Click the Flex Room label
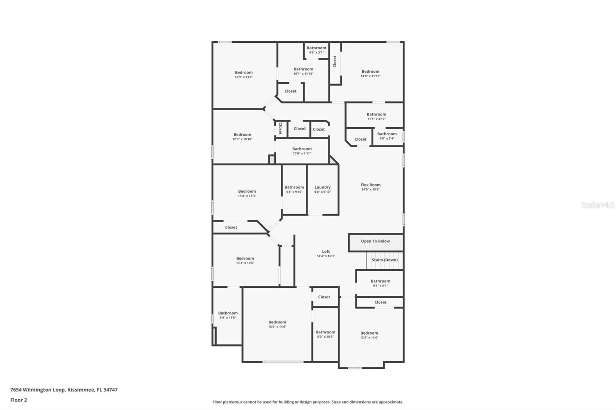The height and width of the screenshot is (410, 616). [370, 185]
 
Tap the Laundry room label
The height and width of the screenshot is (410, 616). [322, 188]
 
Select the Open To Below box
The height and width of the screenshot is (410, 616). [375, 242]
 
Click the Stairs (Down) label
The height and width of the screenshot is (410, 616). [385, 260]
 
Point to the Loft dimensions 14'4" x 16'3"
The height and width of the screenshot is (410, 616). [326, 256]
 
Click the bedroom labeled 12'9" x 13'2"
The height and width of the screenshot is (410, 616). [244, 75]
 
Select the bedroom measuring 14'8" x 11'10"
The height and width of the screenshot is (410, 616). [370, 73]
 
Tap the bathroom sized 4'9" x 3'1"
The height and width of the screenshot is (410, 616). [316, 50]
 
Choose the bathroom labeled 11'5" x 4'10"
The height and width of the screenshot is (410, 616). [376, 116]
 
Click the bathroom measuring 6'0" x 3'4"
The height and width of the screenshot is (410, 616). [387, 136]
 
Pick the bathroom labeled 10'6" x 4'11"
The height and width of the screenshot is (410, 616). [302, 151]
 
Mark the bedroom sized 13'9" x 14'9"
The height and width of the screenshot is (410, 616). [277, 324]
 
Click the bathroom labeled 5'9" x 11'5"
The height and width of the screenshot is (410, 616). [228, 315]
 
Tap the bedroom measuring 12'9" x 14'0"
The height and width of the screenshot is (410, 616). [369, 335]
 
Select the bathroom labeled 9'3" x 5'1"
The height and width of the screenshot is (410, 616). [380, 283]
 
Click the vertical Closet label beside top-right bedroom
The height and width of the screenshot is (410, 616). [335, 62]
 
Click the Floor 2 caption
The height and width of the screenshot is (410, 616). [18, 400]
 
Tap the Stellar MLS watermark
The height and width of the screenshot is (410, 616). [598, 205]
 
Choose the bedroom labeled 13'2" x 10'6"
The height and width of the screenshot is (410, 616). [245, 260]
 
